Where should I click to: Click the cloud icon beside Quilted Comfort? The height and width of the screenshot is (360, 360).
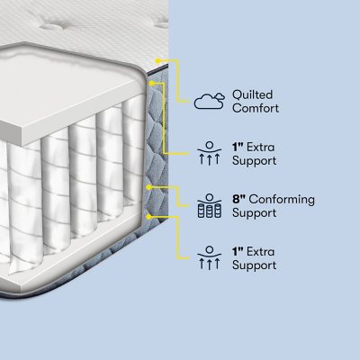210,101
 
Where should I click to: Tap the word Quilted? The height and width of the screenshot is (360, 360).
252,94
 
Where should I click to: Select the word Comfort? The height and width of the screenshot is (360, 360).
256,108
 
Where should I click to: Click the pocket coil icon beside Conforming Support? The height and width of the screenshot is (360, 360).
210,206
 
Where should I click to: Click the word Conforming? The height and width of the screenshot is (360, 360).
282,200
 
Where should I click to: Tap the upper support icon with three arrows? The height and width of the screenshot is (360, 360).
210,153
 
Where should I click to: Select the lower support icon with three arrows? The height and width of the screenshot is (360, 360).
210,257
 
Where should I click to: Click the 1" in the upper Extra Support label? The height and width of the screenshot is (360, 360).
238,147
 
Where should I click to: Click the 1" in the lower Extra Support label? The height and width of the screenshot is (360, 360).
238,251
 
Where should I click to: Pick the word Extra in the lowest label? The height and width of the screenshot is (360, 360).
260,251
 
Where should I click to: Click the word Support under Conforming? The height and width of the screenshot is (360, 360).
255,213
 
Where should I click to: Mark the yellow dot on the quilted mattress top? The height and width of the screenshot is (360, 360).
157,60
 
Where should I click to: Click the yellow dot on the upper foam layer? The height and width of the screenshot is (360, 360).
152,83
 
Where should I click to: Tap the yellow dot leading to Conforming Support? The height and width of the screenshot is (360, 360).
148,187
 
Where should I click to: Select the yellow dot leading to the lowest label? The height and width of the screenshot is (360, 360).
148,216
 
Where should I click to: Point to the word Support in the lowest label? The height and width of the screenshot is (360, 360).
255,265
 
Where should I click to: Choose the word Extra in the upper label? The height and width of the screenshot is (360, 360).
260,147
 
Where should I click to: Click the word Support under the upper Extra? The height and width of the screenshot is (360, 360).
255,160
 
